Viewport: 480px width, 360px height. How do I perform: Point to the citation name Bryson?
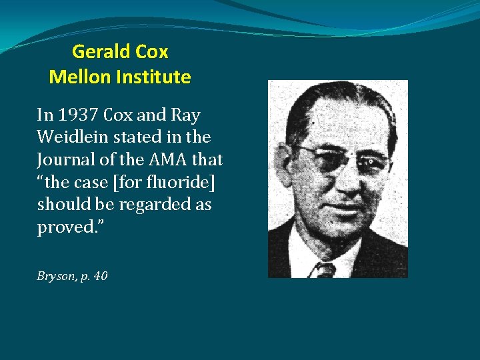tap(55, 275)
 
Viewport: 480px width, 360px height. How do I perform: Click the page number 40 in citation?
tap(101, 275)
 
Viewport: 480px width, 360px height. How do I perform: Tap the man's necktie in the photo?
tap(324, 269)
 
